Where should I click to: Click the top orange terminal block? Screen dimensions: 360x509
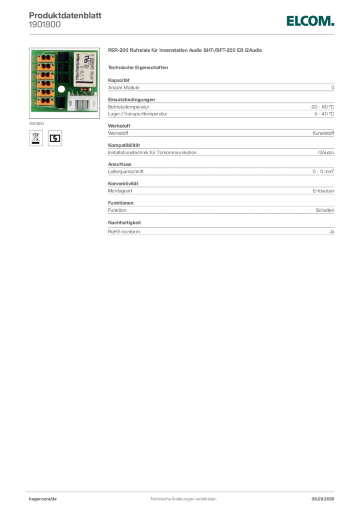click(x=43, y=58)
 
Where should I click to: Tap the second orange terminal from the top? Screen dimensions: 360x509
click(x=43, y=66)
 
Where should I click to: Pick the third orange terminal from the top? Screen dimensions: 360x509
click(x=43, y=75)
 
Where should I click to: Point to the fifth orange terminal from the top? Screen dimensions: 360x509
click(x=43, y=92)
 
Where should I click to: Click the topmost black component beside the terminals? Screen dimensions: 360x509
click(x=62, y=57)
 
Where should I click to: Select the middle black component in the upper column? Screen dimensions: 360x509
click(x=62, y=67)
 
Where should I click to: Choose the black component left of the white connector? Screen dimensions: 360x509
click(x=62, y=103)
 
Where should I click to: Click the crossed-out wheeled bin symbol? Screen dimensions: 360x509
click(x=35, y=138)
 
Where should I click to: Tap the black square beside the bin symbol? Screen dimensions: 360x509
click(x=56, y=138)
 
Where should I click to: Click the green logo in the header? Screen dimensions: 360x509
click(x=309, y=21)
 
